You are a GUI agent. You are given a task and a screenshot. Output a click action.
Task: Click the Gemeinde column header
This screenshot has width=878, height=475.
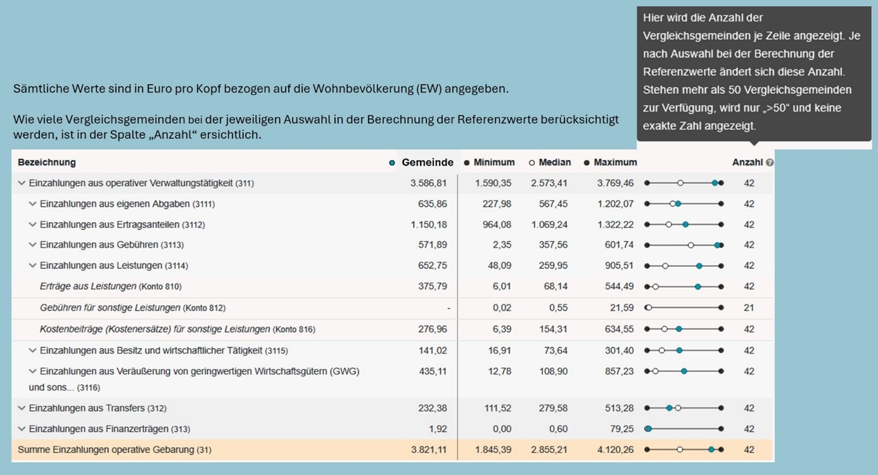pyautogui.click(x=427, y=162)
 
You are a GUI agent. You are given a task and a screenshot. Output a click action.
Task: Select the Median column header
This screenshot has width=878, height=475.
pyautogui.click(x=554, y=162)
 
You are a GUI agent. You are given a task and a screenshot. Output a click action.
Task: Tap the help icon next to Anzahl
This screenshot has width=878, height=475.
pyautogui.click(x=770, y=162)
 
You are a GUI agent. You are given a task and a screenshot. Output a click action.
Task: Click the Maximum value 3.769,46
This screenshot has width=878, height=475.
pyautogui.click(x=615, y=183)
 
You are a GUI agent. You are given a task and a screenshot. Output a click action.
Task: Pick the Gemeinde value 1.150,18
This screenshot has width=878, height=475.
pyautogui.click(x=428, y=224)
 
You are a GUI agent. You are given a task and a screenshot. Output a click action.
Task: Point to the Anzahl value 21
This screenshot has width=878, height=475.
pyautogui.click(x=749, y=308)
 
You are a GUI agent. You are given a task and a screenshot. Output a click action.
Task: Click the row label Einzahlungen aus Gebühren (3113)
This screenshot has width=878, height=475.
pyautogui.click(x=111, y=245)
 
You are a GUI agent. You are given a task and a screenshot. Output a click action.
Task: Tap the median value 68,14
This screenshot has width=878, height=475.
pyautogui.click(x=556, y=286)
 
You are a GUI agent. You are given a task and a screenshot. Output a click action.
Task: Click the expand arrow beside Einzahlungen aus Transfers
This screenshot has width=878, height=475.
pyautogui.click(x=22, y=408)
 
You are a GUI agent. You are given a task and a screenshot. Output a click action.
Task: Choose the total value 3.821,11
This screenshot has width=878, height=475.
pyautogui.click(x=428, y=450)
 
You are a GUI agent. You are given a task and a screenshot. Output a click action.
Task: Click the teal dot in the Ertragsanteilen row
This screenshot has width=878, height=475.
pyautogui.click(x=685, y=224)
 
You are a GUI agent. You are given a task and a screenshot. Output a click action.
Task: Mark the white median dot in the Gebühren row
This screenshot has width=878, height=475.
pyautogui.click(x=690, y=245)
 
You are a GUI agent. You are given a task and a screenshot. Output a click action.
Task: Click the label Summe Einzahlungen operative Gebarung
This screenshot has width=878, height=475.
pyautogui.click(x=114, y=450)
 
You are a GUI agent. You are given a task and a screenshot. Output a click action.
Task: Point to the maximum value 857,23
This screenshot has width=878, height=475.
pyautogui.click(x=619, y=371)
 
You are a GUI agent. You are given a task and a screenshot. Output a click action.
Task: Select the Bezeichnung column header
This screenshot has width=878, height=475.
pyautogui.click(x=47, y=162)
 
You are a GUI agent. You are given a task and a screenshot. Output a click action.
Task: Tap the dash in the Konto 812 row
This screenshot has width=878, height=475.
pyautogui.click(x=449, y=308)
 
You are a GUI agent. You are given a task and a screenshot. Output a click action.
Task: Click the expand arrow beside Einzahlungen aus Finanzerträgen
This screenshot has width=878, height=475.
pyautogui.click(x=22, y=429)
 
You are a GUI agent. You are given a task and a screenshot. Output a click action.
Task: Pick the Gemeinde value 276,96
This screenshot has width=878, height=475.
pyautogui.click(x=433, y=329)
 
